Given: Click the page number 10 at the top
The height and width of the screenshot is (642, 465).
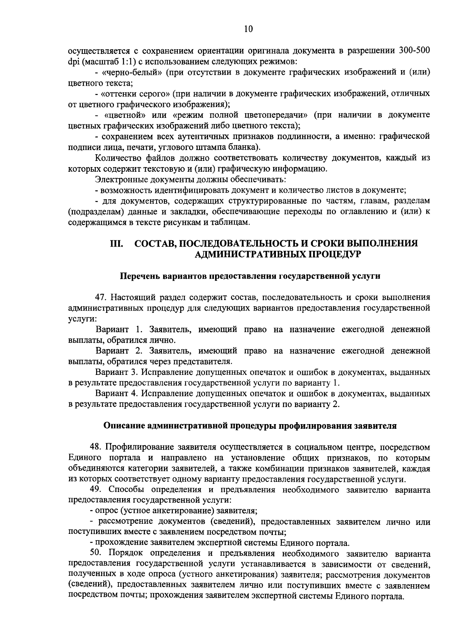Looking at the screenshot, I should [x=249, y=29].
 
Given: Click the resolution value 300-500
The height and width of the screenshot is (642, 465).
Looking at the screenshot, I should [x=414, y=51].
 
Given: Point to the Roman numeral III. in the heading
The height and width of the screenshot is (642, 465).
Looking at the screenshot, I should [x=117, y=243].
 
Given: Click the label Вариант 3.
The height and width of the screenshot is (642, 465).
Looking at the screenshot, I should [x=117, y=372].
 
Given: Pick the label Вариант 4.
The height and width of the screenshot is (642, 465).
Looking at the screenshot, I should [x=117, y=393].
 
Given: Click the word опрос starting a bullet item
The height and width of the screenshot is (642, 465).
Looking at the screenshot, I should [x=108, y=511].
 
